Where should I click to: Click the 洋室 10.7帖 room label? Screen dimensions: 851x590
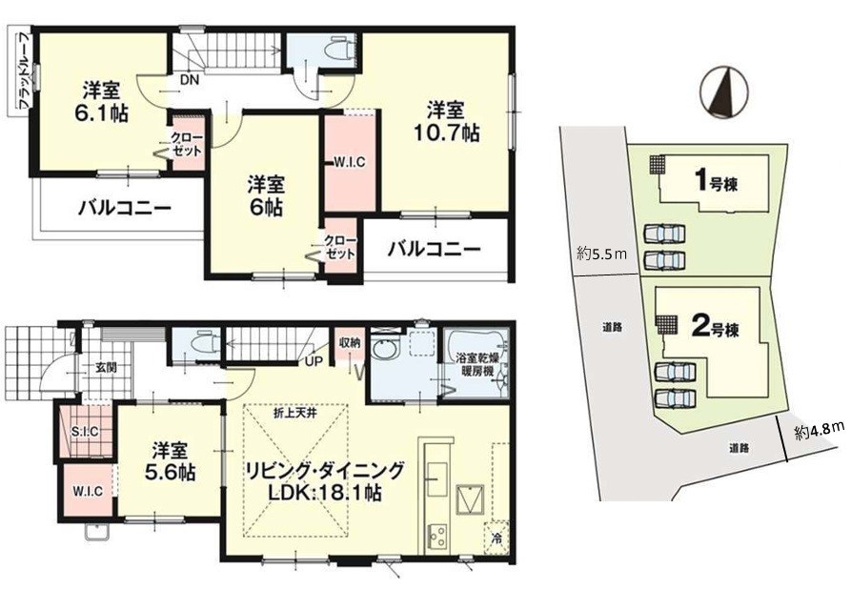(x=447, y=121)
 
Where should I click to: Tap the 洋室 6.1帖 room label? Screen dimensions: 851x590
(x=101, y=101)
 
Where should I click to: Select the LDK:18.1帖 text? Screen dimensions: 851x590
(x=325, y=493)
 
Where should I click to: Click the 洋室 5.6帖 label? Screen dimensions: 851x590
(x=170, y=461)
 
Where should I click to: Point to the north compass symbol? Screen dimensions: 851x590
(x=723, y=92)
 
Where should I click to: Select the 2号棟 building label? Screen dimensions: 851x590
(x=716, y=326)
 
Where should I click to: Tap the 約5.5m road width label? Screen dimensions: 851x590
(x=602, y=253)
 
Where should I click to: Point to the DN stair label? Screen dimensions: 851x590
(x=190, y=80)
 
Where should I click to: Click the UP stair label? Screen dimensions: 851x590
(x=314, y=361)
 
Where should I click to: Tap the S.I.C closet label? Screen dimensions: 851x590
(x=85, y=432)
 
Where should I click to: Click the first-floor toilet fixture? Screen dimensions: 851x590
(x=206, y=342)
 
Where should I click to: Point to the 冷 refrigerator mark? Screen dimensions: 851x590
(x=496, y=539)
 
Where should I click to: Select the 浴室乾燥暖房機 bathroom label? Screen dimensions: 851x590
(x=475, y=365)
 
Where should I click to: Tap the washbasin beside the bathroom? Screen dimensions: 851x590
(x=384, y=349)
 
